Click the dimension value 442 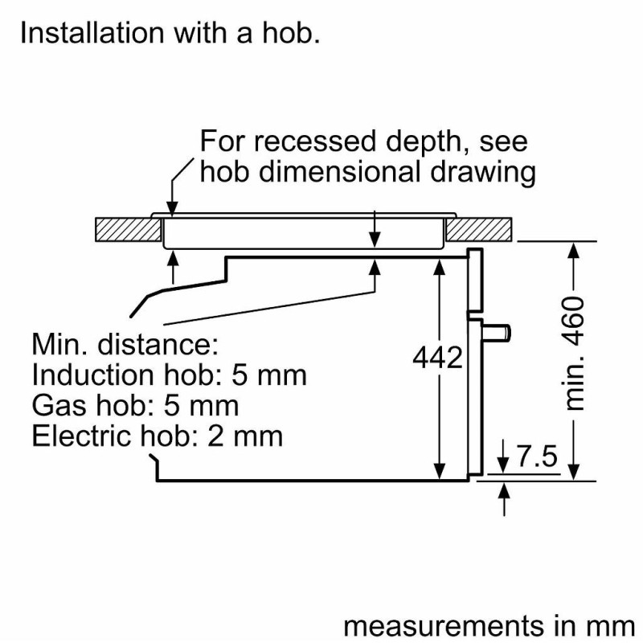437,358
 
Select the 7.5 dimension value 536,457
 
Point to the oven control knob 500,330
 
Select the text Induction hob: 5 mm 169,375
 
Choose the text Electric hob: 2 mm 157,436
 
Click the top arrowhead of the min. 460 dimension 574,250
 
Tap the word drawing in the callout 486,171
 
